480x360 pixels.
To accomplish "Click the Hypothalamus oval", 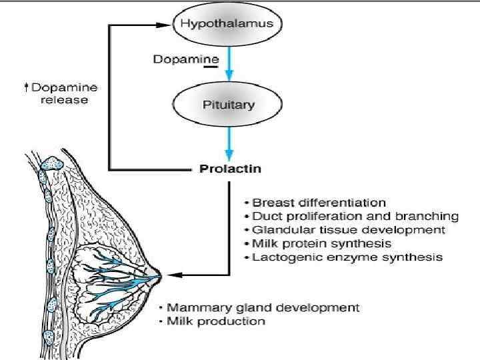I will coord(228,24).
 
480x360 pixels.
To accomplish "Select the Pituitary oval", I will coord(228,105).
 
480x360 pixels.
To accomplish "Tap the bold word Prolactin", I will coord(231,169).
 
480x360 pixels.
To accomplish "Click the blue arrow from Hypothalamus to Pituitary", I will coord(228,66).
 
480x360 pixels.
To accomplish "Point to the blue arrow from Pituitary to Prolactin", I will coord(228,142).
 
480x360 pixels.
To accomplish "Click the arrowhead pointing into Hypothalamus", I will coord(167,25).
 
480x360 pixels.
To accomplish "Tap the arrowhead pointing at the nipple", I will coord(168,274).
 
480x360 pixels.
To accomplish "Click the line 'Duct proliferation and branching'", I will coord(355,216).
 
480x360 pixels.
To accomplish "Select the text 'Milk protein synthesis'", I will coord(321,243).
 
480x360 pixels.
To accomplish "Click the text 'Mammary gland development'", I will coord(263,308).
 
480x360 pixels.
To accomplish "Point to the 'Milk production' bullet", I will coord(215,321).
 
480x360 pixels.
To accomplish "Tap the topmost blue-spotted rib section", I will coord(53,163).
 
